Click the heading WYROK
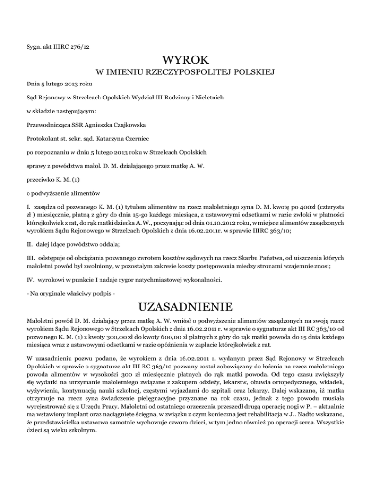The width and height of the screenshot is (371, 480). pyautogui.click(x=185, y=61)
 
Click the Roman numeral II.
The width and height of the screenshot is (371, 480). pyautogui.click(x=29, y=251)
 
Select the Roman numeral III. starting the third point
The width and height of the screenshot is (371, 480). pyautogui.click(x=30, y=264)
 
